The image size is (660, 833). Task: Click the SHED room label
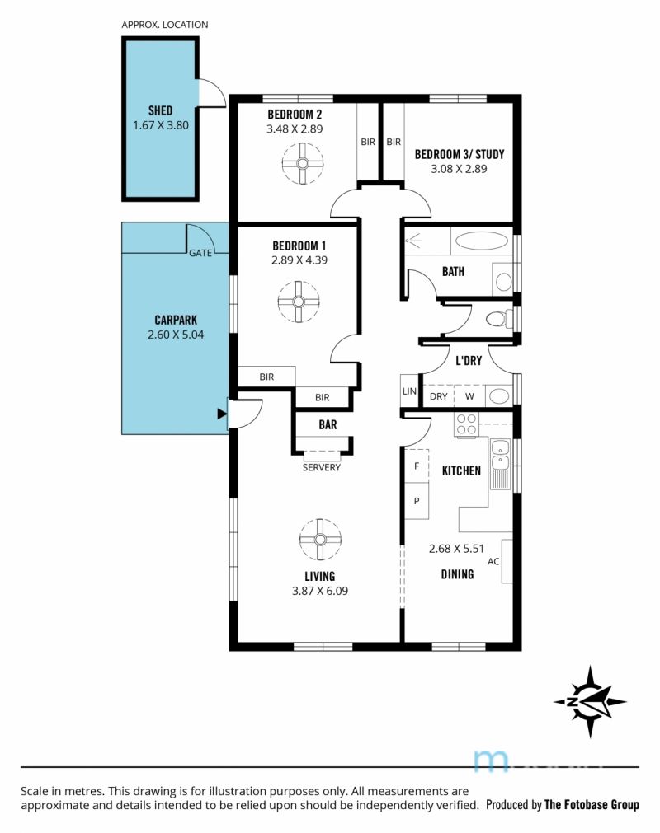[x=160, y=110]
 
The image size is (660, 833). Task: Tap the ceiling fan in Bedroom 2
[x=303, y=164]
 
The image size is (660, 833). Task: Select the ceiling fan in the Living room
[x=319, y=540]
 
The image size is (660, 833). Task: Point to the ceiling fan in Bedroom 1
[x=299, y=302]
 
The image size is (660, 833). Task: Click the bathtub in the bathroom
[x=482, y=240]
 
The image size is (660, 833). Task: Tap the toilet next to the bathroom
[x=499, y=319]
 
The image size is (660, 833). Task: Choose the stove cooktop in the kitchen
[x=466, y=424]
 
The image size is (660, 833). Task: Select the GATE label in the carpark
[x=200, y=253]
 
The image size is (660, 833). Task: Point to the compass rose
[x=590, y=701]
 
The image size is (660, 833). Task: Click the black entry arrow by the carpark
[x=222, y=414]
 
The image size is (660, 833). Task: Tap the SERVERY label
[x=321, y=467]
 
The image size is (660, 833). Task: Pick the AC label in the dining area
[x=493, y=562]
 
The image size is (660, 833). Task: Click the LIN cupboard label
[x=409, y=391]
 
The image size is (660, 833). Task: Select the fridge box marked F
[x=417, y=466]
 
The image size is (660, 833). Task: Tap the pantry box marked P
[x=417, y=500]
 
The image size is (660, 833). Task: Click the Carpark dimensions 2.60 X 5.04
[x=176, y=335]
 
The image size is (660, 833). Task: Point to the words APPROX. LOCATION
[x=165, y=25]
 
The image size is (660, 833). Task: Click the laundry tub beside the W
[x=499, y=395]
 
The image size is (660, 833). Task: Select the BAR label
[x=328, y=424]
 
